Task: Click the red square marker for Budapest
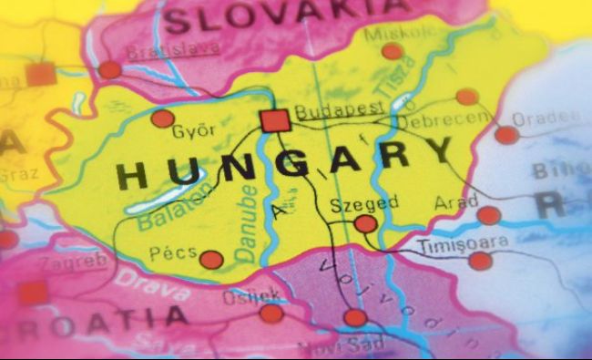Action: click(x=274, y=120)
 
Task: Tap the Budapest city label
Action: click(x=326, y=109)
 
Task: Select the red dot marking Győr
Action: click(x=163, y=118)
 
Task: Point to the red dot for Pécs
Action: click(x=211, y=260)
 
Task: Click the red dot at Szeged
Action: click(x=365, y=224)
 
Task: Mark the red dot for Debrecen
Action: click(x=467, y=97)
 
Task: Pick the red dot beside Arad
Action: click(x=489, y=215)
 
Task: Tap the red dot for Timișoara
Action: click(x=480, y=261)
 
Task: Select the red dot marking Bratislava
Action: click(x=110, y=69)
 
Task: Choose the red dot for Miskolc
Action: click(x=393, y=51)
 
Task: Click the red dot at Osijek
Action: click(x=271, y=314)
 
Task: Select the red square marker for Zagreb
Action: click(x=34, y=293)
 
